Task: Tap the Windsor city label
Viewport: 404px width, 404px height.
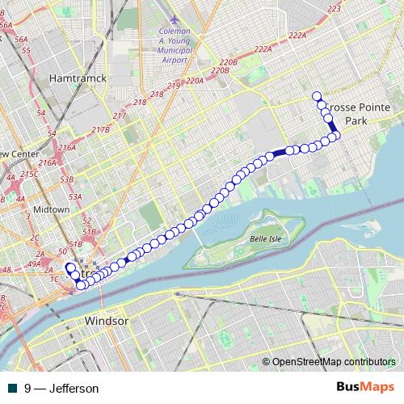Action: point(107,321)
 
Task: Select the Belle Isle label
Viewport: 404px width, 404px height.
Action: point(264,239)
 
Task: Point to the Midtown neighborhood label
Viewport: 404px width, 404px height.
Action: point(53,209)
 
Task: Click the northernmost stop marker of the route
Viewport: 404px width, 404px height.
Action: point(317,96)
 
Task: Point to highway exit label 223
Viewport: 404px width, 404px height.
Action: point(335,8)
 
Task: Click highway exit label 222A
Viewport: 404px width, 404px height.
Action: point(297,35)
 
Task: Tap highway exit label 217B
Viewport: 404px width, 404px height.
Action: point(100,130)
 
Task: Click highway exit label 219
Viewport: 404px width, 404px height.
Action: point(172,86)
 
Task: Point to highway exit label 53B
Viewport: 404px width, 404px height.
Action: point(67,179)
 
